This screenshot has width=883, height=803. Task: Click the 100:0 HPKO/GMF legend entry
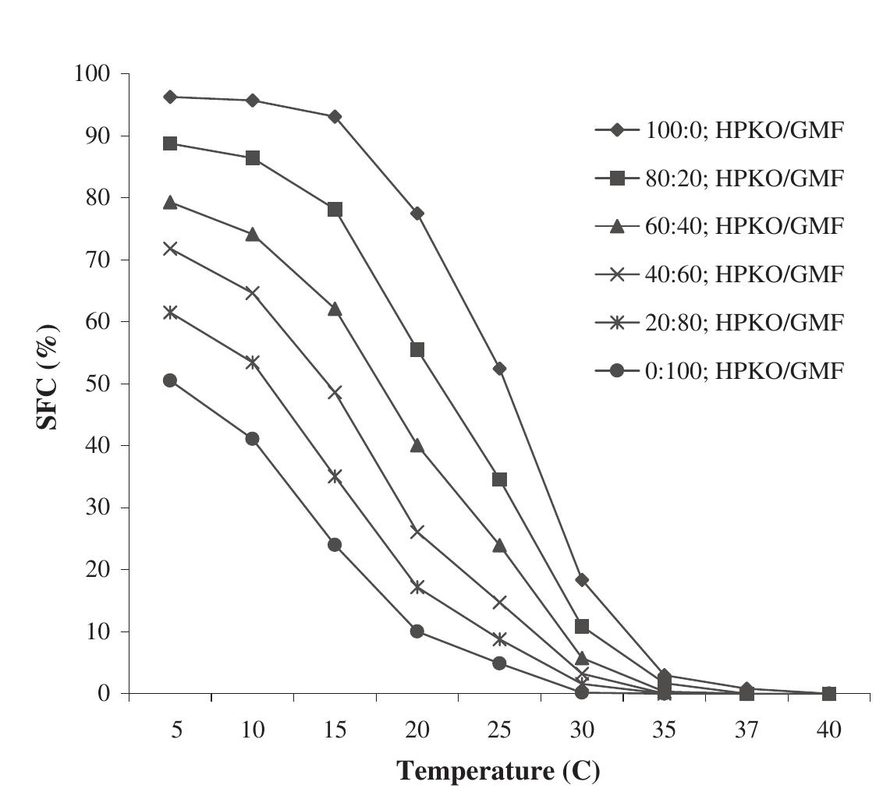(720, 130)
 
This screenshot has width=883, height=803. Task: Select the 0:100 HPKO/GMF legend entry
(720, 371)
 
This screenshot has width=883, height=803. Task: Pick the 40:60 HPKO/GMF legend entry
(720, 274)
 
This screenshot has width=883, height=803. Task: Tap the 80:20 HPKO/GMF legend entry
(720, 179)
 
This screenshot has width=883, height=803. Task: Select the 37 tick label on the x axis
(746, 730)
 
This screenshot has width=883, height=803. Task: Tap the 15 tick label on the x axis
(335, 730)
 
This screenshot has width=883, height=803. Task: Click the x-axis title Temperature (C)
(498, 771)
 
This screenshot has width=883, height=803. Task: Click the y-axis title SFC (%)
(48, 377)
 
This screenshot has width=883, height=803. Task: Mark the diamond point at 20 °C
(417, 214)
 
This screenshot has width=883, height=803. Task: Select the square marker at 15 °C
(335, 210)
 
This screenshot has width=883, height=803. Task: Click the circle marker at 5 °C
(170, 380)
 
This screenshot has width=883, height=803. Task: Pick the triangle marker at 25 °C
(499, 545)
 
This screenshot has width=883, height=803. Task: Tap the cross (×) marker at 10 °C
(252, 292)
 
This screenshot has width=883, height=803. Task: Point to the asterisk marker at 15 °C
(335, 476)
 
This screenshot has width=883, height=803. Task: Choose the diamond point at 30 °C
(582, 579)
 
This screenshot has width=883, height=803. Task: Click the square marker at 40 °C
(829, 693)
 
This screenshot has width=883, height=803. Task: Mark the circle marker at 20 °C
(417, 631)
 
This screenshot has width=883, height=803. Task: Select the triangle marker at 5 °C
(170, 203)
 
